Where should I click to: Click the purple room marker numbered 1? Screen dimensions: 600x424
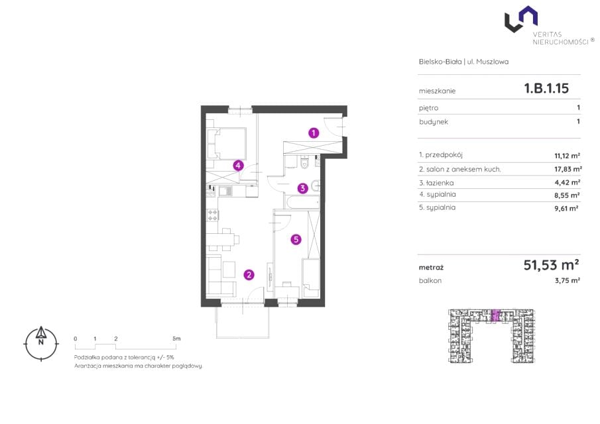pos(314,133)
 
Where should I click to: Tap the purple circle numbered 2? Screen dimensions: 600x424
pos(249,274)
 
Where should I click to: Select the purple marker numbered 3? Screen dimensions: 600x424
pos(303,188)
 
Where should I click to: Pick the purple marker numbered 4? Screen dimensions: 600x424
pos(239,166)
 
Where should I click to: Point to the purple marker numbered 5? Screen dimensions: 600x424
pos(296,240)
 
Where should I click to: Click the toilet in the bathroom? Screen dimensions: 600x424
pos(304,163)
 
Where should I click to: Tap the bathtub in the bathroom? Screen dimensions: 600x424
pos(302,201)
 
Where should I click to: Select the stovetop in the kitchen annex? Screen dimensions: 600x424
pos(212,215)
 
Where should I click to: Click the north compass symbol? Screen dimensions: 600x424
pos(41,343)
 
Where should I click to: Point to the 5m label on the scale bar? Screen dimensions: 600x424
pos(176,339)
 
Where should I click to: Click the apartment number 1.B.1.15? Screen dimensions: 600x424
pos(546,88)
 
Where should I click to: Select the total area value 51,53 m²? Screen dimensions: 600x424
pos(551,264)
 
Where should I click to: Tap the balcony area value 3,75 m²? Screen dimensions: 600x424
pos(568,280)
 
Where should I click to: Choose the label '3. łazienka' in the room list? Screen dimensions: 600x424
pos(436,183)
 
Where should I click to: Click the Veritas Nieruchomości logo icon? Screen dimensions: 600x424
pos(521,19)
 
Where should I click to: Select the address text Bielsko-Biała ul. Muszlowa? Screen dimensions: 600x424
pos(464,62)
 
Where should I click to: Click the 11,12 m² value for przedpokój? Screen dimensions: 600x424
pos(567,156)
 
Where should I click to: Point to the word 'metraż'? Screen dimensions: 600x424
pos(431,268)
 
